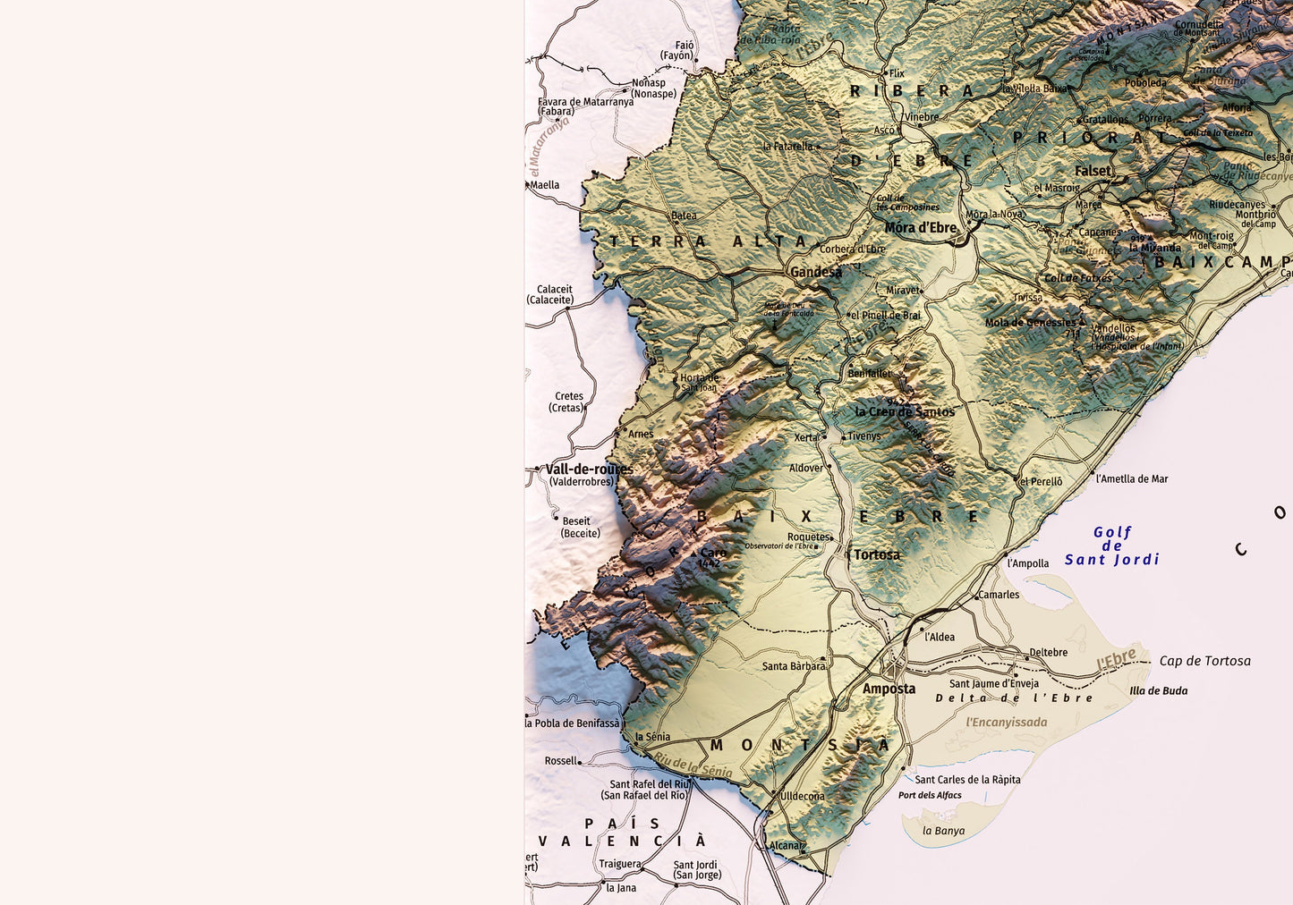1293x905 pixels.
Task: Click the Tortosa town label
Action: pos(876,554)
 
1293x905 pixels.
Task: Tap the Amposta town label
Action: pos(889,689)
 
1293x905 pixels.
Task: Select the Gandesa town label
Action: pos(815,272)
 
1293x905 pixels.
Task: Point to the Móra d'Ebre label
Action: pos(920,228)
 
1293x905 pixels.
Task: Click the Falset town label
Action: pos(1093,171)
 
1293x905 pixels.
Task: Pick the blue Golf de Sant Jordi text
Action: pos(1112,546)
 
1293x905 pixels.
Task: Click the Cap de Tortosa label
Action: pos(1204,661)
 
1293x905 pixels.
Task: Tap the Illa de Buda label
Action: pos(1158,690)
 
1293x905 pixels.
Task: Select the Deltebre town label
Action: pos(1048,652)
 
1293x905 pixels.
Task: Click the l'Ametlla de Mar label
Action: pos(1132,478)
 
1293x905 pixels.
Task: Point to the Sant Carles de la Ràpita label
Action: pos(967,779)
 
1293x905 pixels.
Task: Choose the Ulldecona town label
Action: pos(802,796)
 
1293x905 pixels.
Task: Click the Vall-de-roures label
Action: pos(589,469)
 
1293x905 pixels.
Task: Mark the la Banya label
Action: pos(944,831)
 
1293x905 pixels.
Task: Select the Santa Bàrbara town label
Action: pos(794,666)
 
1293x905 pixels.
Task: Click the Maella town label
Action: pos(545,185)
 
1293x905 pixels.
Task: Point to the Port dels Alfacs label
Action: pos(930,795)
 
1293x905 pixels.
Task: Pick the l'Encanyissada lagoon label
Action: pos(1006,722)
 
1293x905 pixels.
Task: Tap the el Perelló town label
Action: pos(1042,481)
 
